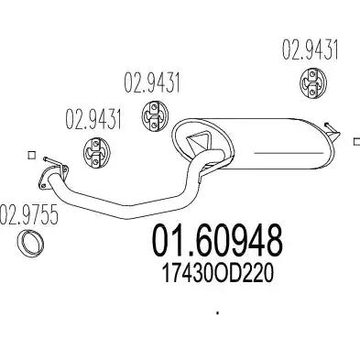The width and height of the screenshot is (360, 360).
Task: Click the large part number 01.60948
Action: [217, 241]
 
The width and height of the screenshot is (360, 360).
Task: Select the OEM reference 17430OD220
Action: [217, 274]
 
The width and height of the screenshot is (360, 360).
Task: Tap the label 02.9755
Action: [28, 215]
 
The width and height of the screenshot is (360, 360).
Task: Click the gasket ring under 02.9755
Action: [30, 243]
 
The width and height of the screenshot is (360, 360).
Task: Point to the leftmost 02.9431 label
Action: [93, 119]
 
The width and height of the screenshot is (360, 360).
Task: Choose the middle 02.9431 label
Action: [152, 82]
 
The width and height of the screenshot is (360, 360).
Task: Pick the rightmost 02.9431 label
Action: [310, 49]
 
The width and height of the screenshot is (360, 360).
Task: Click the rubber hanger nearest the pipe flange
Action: [96, 152]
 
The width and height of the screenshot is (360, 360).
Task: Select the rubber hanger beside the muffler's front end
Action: [155, 115]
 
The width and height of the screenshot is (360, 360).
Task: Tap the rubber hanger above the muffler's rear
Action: [312, 83]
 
